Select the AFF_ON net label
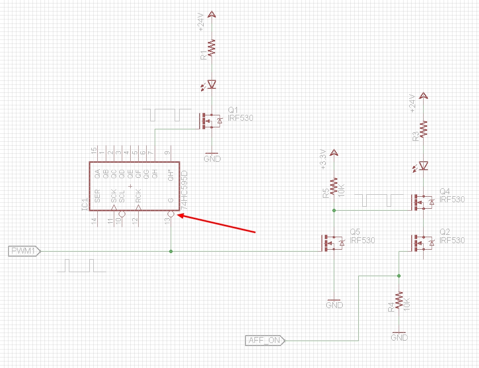pos(265,341)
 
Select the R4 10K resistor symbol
pos(399,301)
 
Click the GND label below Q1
pos(212,159)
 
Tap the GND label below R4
pos(399,338)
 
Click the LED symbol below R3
pos(423,165)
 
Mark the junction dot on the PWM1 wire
pos(171,251)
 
